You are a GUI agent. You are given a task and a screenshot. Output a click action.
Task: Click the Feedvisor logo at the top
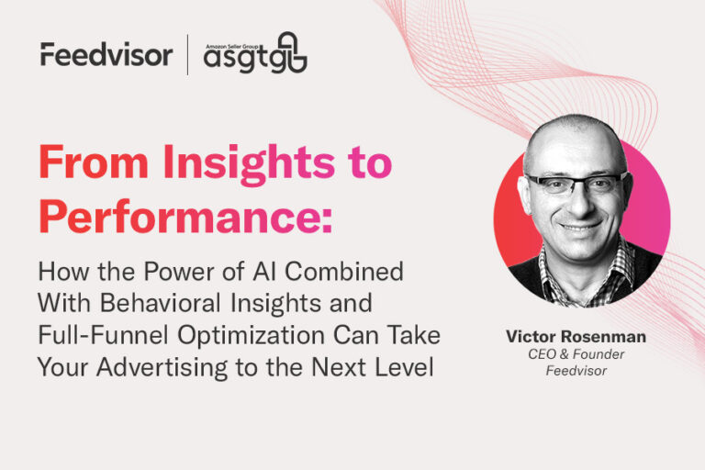tap(106, 54)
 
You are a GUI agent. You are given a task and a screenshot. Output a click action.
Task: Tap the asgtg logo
tap(255, 53)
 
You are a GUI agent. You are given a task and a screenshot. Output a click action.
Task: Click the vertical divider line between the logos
tap(187, 54)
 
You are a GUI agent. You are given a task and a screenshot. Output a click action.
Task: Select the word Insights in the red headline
tap(249, 163)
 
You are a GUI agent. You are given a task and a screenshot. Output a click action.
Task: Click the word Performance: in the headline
tap(185, 217)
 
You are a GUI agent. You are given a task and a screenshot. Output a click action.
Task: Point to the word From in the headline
tap(94, 162)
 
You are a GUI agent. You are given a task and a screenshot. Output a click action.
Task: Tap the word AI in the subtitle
tap(264, 272)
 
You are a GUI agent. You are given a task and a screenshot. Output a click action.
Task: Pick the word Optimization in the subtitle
tap(252, 336)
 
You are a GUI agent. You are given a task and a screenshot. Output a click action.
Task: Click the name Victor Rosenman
tap(576, 336)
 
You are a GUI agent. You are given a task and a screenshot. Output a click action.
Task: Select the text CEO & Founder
tap(576, 354)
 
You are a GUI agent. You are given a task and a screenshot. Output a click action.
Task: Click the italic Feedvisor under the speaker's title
tap(576, 371)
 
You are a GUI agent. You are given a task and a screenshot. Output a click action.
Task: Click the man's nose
tap(576, 203)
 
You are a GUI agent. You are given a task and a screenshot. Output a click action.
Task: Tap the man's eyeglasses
tap(576, 184)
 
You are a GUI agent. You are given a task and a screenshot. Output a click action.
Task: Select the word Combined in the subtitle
tap(344, 272)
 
